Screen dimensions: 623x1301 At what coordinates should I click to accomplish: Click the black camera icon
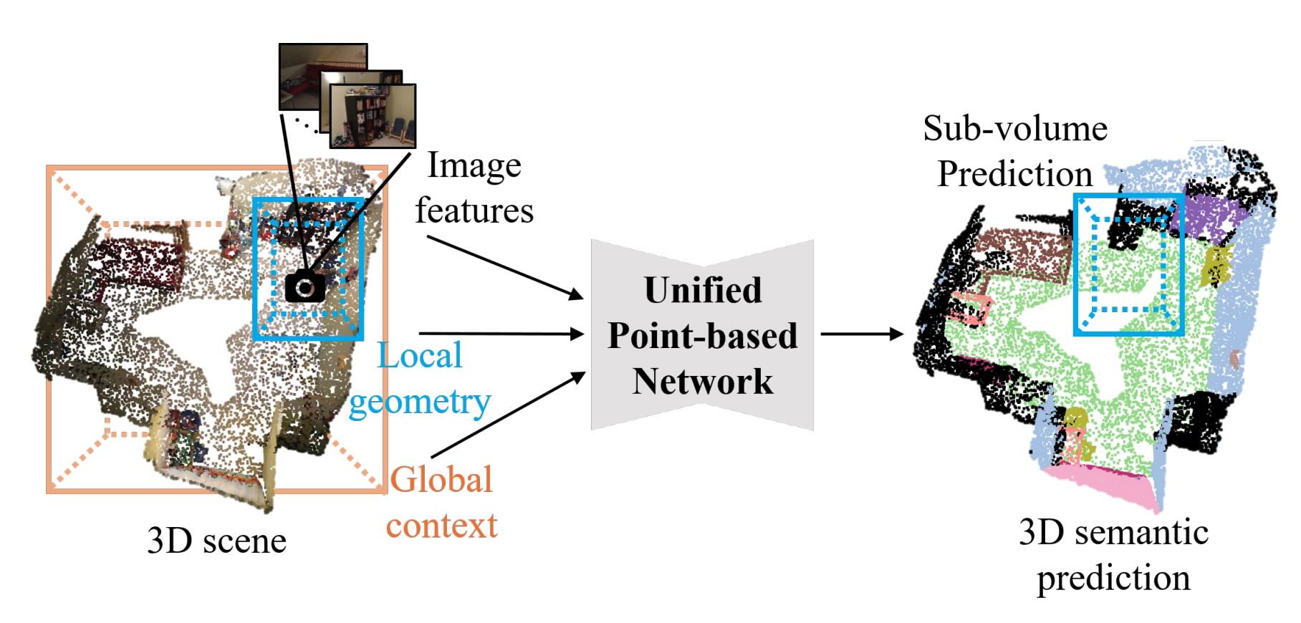[305, 287]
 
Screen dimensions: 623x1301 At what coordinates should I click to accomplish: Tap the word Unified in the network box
[703, 291]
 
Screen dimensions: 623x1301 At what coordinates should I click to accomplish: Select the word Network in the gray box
[703, 382]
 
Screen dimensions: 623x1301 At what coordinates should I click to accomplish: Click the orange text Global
[442, 480]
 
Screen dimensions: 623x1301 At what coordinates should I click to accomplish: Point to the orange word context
[442, 526]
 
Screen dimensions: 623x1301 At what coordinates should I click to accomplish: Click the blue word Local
[420, 356]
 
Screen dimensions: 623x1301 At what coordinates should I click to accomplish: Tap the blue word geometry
[420, 402]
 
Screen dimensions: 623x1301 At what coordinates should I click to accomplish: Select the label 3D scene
[216, 541]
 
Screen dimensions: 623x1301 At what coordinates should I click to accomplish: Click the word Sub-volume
[1014, 130]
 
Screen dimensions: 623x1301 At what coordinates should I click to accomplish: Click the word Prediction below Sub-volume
[1014, 175]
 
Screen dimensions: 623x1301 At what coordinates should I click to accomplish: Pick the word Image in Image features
[474, 166]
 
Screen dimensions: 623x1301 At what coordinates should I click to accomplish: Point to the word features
[474, 211]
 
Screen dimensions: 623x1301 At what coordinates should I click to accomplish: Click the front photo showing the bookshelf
[373, 116]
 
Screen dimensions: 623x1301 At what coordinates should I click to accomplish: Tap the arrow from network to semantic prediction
[861, 334]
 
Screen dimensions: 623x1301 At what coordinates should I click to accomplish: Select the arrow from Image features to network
[505, 266]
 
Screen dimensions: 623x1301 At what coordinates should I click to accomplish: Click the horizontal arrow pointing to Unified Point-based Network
[501, 334]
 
